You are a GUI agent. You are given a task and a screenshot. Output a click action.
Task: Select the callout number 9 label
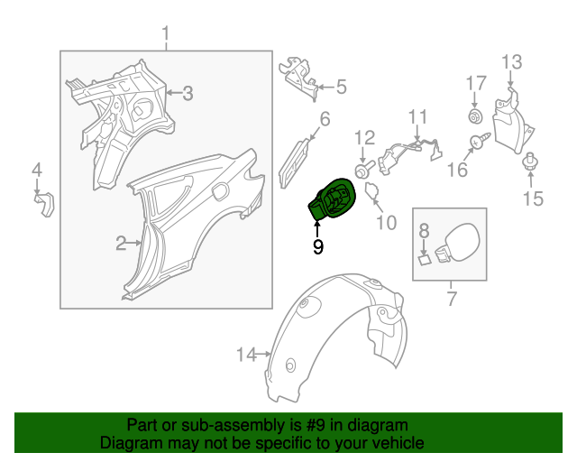click(317, 245)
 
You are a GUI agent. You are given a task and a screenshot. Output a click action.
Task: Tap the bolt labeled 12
click(362, 168)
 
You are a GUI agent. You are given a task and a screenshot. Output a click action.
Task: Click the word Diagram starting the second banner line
click(129, 443)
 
